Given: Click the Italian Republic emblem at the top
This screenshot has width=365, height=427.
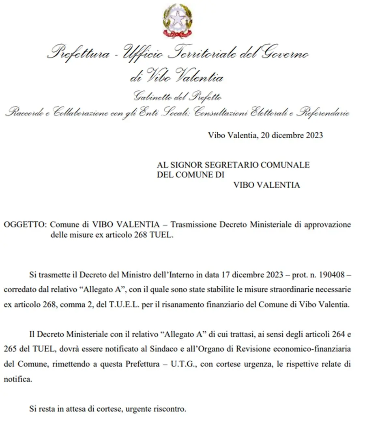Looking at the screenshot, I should [x=178, y=21].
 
